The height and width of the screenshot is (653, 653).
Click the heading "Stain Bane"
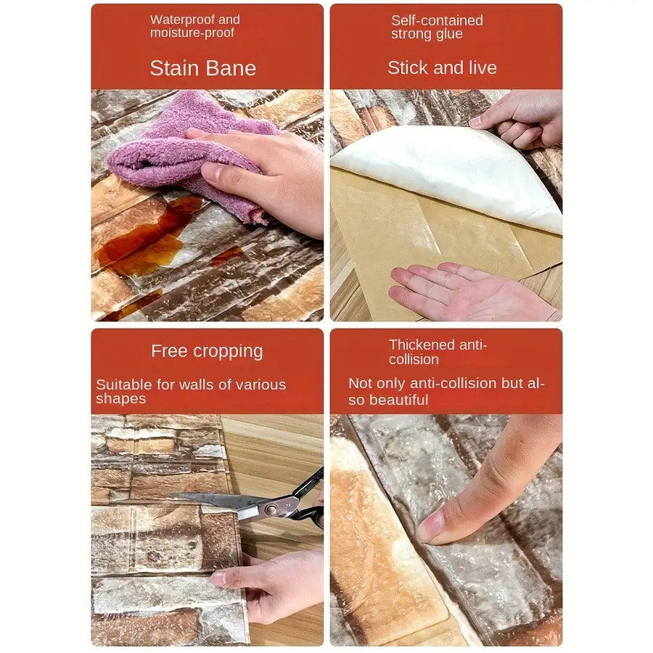203,68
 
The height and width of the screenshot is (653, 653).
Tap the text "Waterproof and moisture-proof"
195,26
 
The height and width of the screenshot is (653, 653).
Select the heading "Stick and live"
442,67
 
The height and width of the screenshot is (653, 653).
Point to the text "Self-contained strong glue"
437,27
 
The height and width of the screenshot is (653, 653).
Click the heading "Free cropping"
207,351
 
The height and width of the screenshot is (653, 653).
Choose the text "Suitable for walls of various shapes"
191,391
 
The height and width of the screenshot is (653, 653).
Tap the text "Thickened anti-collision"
438,352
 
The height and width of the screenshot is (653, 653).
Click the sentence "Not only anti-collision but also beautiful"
446,391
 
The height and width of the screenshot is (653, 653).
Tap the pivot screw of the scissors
271,509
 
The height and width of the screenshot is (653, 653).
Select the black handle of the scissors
308,500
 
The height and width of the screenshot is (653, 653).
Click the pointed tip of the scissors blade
171,495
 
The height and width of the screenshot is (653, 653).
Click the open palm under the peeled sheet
471,292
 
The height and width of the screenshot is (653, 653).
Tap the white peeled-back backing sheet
450,175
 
